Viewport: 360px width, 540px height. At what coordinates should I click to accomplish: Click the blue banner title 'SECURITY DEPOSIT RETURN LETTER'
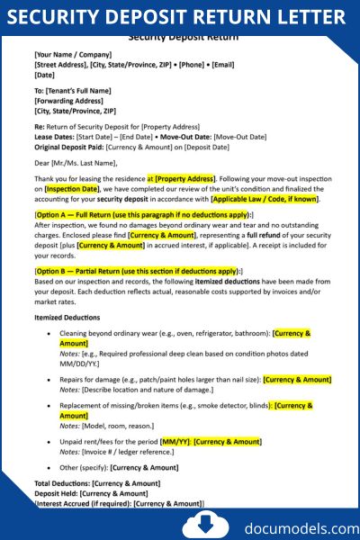coord(180,16)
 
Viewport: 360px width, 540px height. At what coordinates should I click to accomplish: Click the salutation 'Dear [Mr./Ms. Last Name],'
coord(76,163)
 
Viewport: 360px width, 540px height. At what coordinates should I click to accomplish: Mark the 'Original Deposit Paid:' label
coord(69,146)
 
